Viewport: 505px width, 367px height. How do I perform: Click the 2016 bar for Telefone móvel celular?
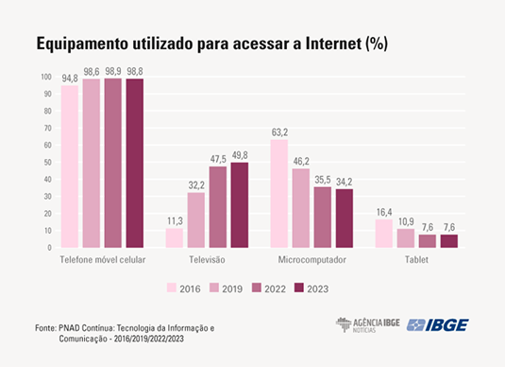pyautogui.click(x=70, y=166)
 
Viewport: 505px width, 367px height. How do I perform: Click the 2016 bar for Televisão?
pyautogui.click(x=175, y=237)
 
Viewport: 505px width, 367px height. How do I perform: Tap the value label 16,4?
pyautogui.click(x=384, y=212)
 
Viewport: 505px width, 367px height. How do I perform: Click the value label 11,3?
pyautogui.click(x=175, y=220)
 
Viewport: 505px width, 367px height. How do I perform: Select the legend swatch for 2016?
pyautogui.click(x=173, y=288)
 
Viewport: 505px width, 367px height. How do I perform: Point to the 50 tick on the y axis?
pyautogui.click(x=46, y=162)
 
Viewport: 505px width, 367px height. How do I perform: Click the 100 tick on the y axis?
pyautogui.click(x=45, y=77)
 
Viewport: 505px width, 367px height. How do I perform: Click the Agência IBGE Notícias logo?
pyautogui.click(x=367, y=325)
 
